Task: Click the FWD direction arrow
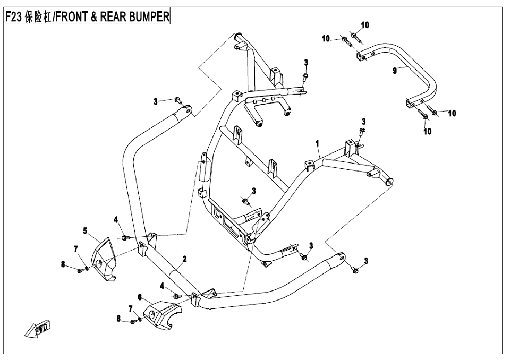pos(38,329)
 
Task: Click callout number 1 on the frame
pos(317,143)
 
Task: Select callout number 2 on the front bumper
pos(184,259)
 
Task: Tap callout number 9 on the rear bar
pos(395,70)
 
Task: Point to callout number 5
pos(85,230)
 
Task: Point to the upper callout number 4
pos(116,220)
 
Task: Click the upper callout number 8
pos(63,264)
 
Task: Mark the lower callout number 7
pos(130,308)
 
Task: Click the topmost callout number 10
pos(365,25)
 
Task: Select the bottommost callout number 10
pos(428,132)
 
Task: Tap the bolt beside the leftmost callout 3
pos(177,100)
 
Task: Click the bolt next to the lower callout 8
pos(133,321)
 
